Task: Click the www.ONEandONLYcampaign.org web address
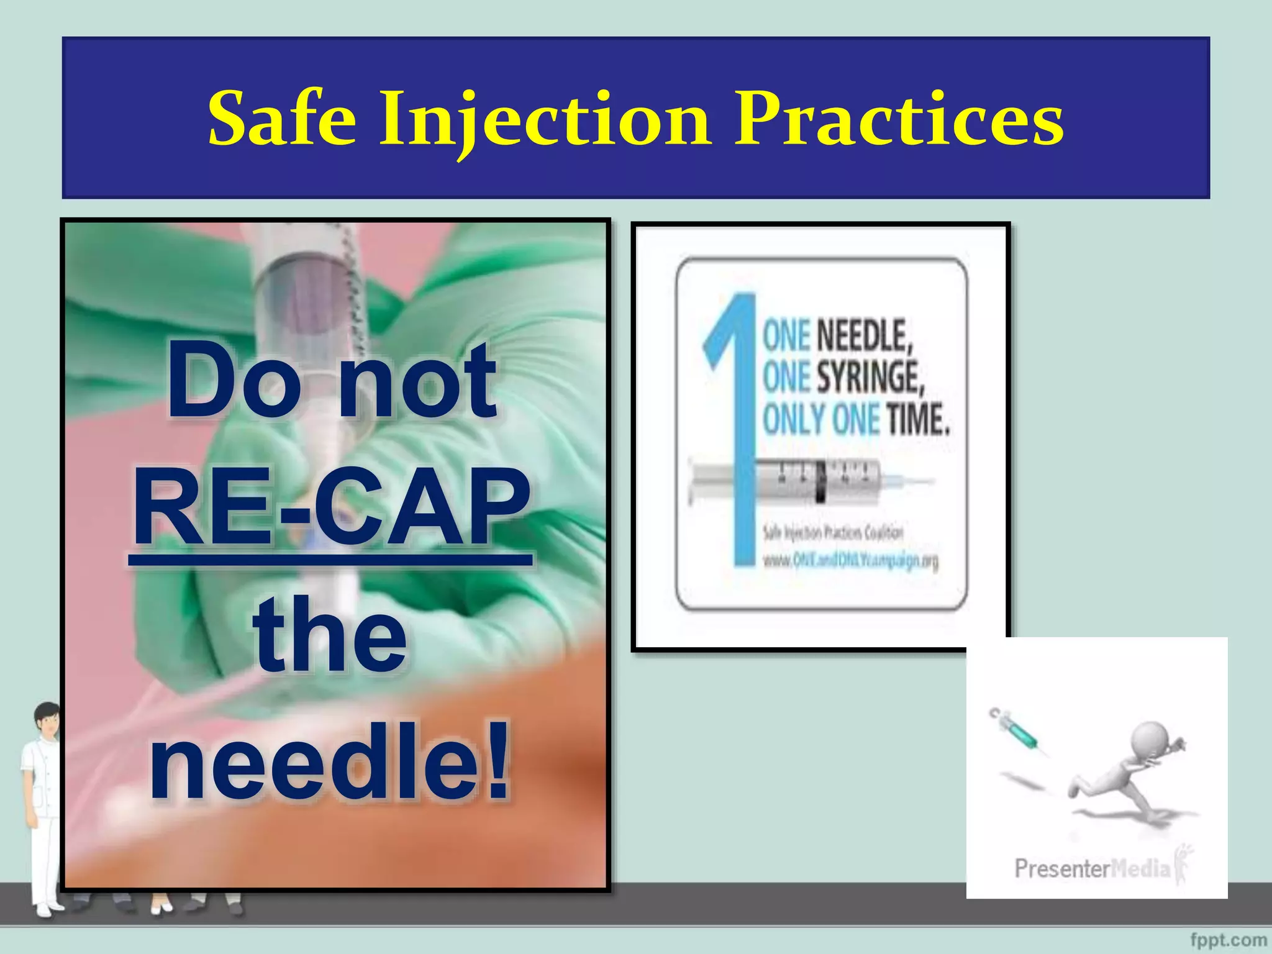pos(850,561)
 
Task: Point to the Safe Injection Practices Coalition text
pos(832,533)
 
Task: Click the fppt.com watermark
pos(1229,940)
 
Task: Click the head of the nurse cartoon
pos(47,719)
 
